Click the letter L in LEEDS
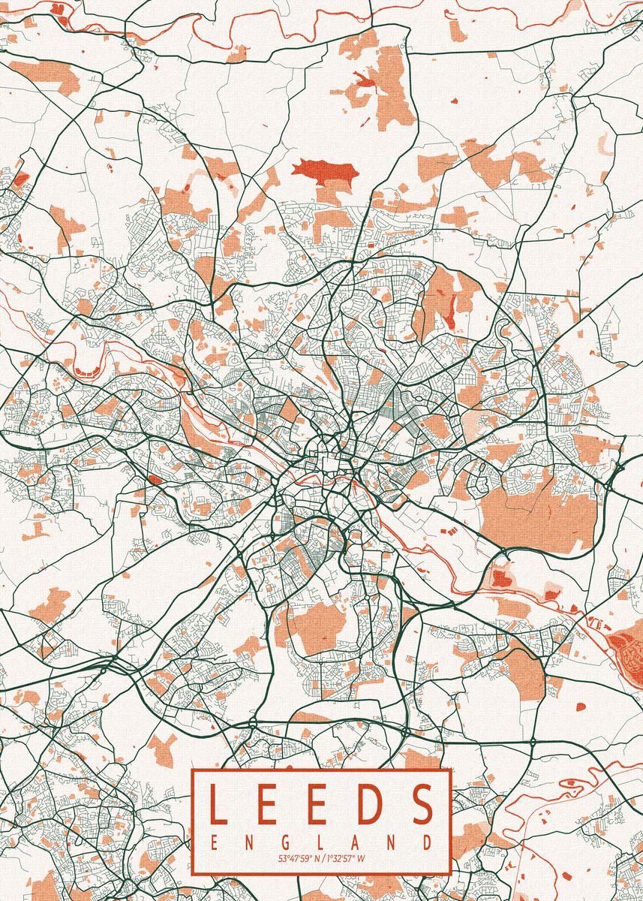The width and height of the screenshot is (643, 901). tap(217, 803)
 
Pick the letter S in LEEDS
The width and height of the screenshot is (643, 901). tap(423, 803)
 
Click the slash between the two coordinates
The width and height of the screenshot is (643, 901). tap(323, 858)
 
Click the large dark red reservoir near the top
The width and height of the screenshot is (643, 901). tap(324, 172)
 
